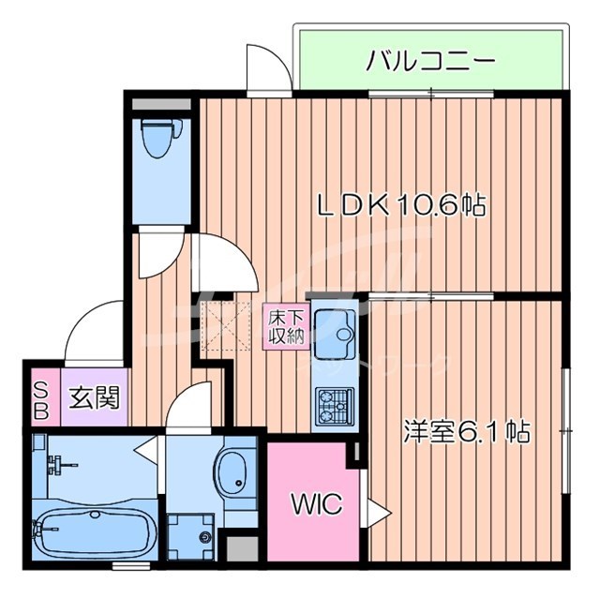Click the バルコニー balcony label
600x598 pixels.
(x=430, y=63)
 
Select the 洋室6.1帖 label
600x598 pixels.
(x=467, y=431)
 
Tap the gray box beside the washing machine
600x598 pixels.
(x=241, y=549)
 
